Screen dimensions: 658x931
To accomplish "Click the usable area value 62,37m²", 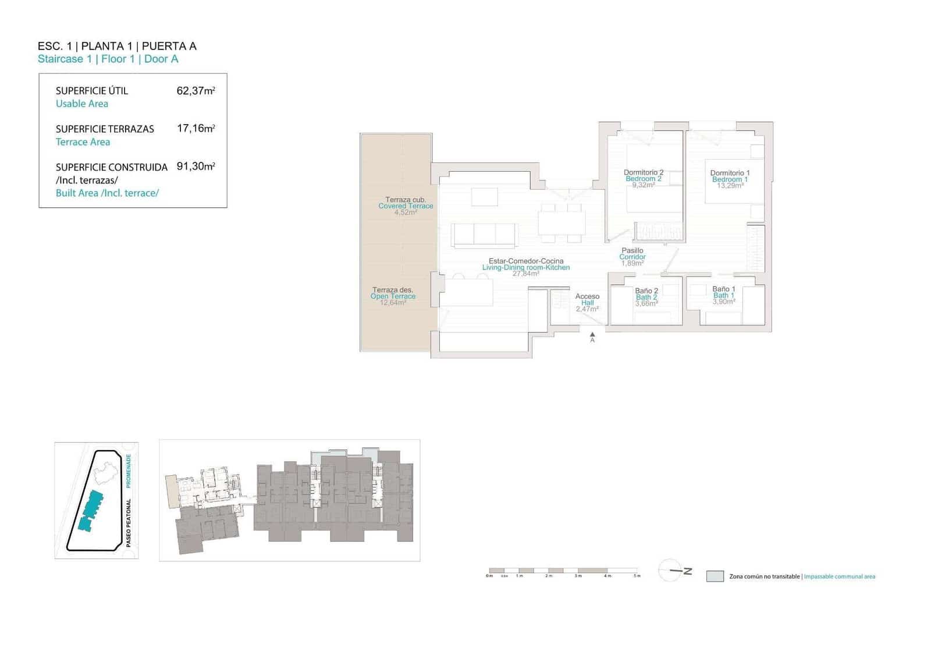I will coord(196,91).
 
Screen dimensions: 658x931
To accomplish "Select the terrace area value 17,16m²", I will coord(196,129).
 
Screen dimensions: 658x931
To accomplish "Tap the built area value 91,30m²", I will coord(196,167).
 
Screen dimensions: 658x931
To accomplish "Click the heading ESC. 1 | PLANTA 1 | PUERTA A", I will coord(117,46).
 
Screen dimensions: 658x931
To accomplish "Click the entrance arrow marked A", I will coord(592,336).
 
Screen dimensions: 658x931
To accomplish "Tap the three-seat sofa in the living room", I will coord(485,235).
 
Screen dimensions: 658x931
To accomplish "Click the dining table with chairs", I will coord(562,223).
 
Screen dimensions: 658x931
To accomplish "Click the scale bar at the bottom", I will coord(564,571).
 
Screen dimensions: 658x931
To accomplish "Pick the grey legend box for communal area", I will coord(715,576).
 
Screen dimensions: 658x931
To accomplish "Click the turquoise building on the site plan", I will coord(90,511).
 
